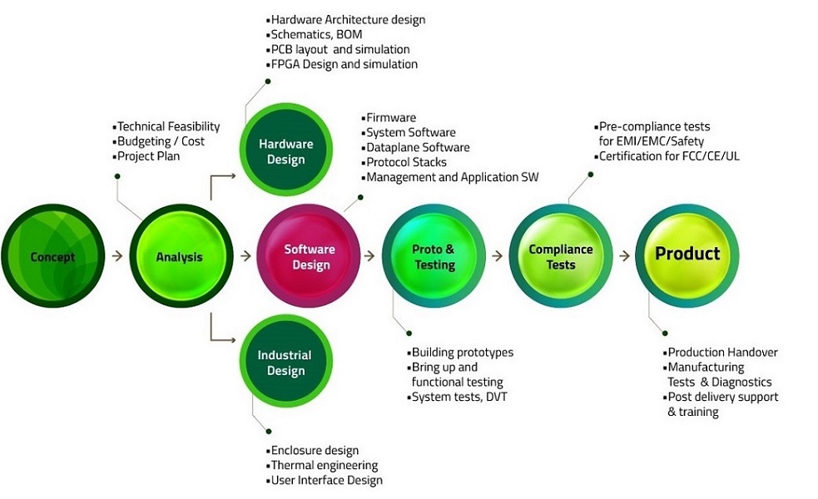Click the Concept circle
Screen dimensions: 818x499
click(x=52, y=256)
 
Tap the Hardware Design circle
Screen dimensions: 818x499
click(x=286, y=151)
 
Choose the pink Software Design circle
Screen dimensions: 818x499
click(x=309, y=256)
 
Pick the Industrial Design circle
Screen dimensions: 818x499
click(x=286, y=361)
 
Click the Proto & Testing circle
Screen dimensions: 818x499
click(x=434, y=256)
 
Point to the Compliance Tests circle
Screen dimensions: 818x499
click(x=561, y=256)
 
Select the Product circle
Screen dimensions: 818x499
click(x=687, y=256)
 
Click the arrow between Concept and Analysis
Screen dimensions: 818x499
click(x=117, y=256)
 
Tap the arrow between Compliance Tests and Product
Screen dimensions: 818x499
click(x=624, y=256)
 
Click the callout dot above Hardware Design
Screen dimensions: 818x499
click(x=268, y=82)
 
